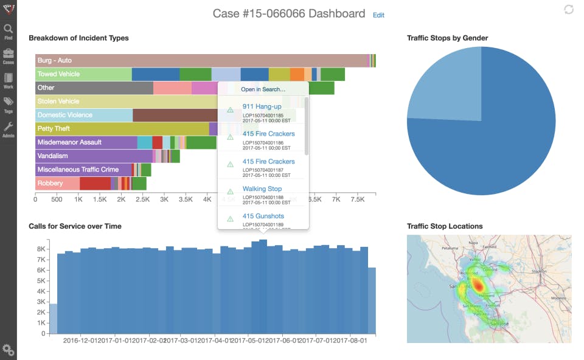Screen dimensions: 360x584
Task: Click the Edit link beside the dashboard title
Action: click(378, 15)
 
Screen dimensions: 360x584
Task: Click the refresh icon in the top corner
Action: click(569, 9)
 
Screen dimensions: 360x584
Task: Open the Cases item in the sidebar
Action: click(9, 57)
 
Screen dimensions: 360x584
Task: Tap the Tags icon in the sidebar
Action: click(9, 105)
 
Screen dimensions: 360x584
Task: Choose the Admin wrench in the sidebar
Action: click(9, 130)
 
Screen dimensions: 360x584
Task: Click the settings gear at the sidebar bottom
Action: click(9, 350)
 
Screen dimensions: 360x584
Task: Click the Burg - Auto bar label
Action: click(55, 61)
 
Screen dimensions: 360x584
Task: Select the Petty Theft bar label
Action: click(54, 128)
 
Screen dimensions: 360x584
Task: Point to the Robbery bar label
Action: click(50, 183)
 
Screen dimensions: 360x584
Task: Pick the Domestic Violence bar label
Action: click(65, 115)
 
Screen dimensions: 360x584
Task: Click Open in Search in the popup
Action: click(263, 89)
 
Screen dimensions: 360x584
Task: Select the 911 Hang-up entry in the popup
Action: click(262, 106)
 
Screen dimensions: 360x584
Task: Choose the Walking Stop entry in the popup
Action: click(262, 189)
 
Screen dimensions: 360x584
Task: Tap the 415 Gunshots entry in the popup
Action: click(263, 216)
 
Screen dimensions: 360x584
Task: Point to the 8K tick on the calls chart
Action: click(41, 249)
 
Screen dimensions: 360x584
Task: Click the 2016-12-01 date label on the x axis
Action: click(81, 341)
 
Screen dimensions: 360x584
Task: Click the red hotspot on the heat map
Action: click(478, 285)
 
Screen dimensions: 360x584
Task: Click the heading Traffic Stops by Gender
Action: click(447, 38)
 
